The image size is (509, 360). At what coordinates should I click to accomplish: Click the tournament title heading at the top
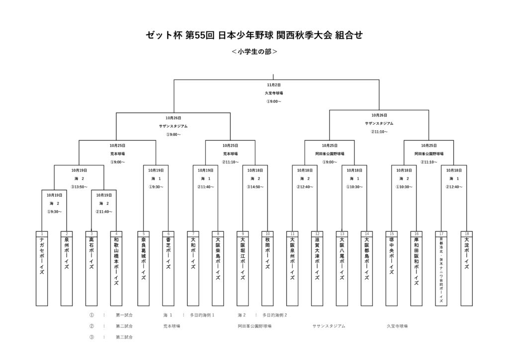pos(254,35)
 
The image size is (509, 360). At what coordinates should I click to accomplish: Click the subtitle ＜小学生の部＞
pos(254,51)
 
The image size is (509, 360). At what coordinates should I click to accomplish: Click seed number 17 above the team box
pos(441,233)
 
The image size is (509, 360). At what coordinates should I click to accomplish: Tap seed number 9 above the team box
pos(243,233)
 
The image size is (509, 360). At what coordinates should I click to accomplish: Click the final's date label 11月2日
pos(274,85)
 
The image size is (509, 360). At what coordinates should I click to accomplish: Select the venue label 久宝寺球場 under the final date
pos(274,93)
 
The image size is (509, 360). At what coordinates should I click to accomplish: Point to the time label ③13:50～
pos(79,187)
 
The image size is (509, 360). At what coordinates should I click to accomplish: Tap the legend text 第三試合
pos(124,337)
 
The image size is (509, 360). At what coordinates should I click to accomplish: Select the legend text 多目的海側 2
pos(275,315)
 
